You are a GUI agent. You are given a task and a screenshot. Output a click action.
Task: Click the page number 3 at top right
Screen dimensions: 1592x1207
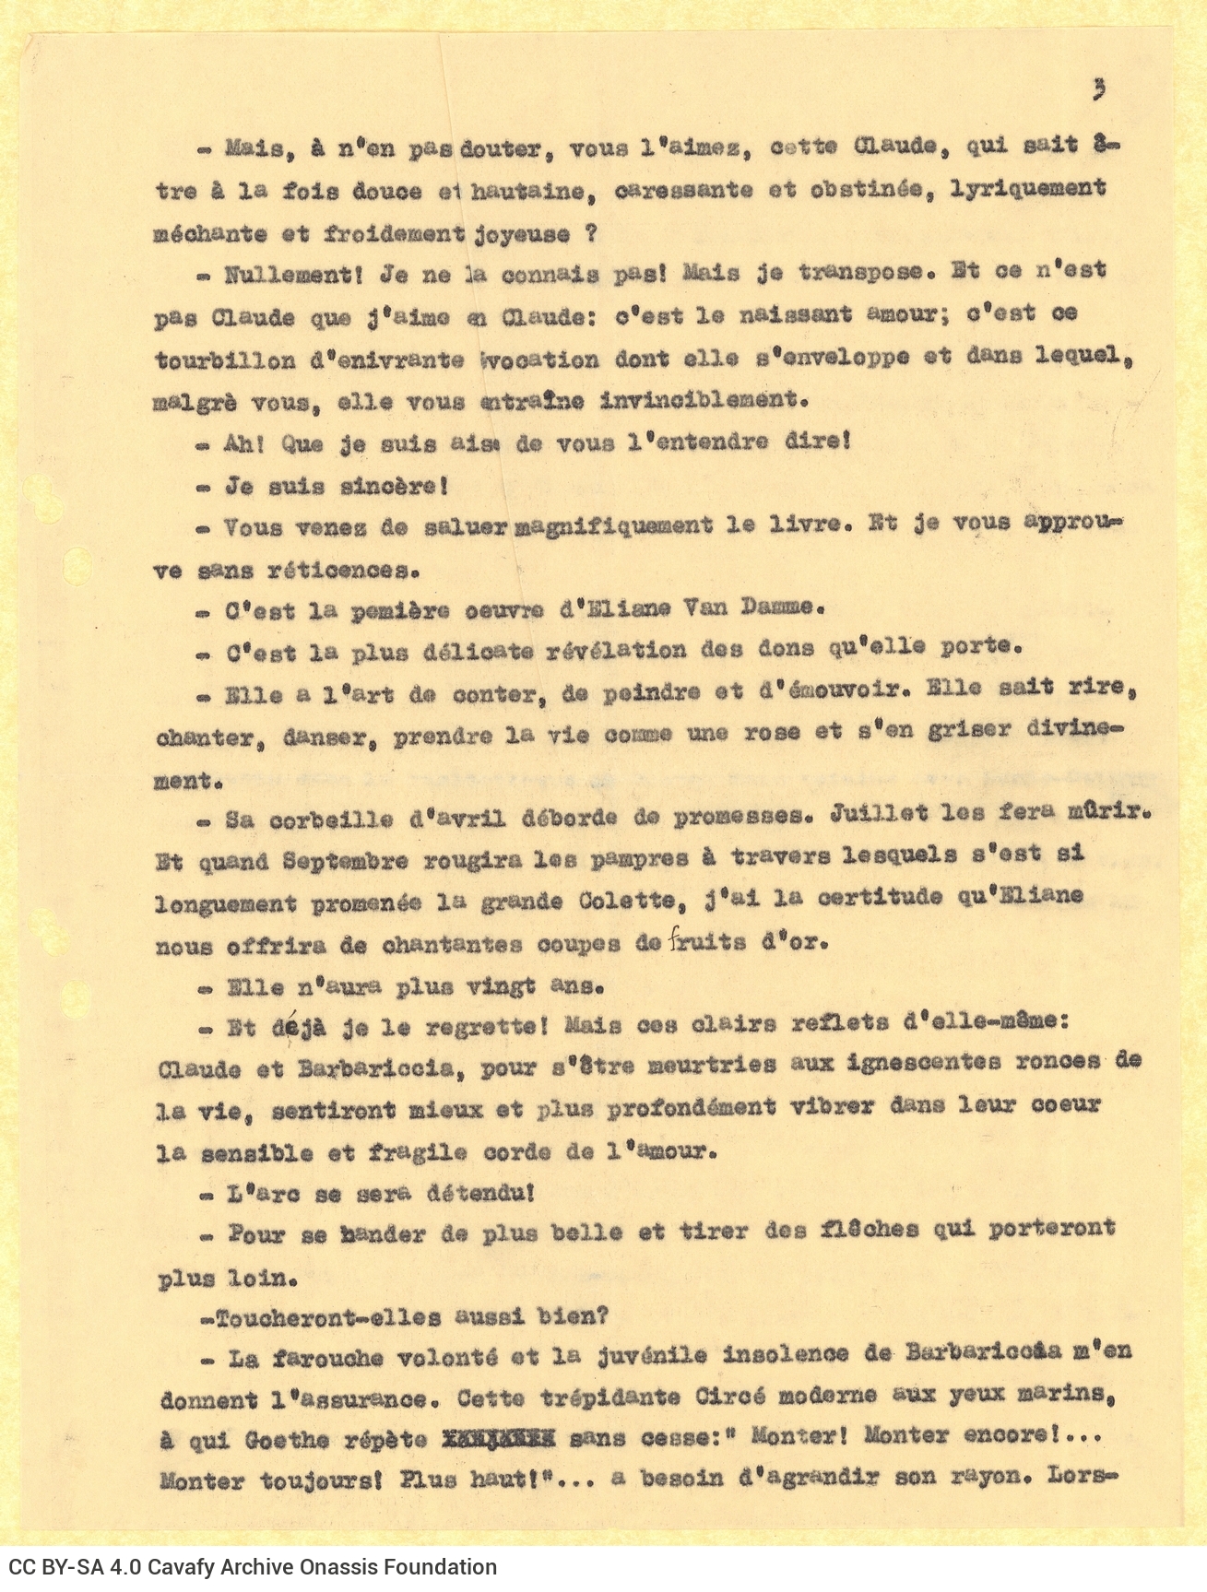tap(1098, 89)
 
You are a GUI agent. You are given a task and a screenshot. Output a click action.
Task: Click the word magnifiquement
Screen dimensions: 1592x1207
tap(611, 525)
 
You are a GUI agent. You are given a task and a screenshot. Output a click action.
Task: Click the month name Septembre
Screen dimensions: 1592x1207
tap(345, 862)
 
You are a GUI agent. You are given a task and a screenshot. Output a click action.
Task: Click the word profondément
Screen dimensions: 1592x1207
tap(691, 1106)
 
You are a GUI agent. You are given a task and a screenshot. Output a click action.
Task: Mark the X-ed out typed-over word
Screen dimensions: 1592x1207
tap(498, 1438)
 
